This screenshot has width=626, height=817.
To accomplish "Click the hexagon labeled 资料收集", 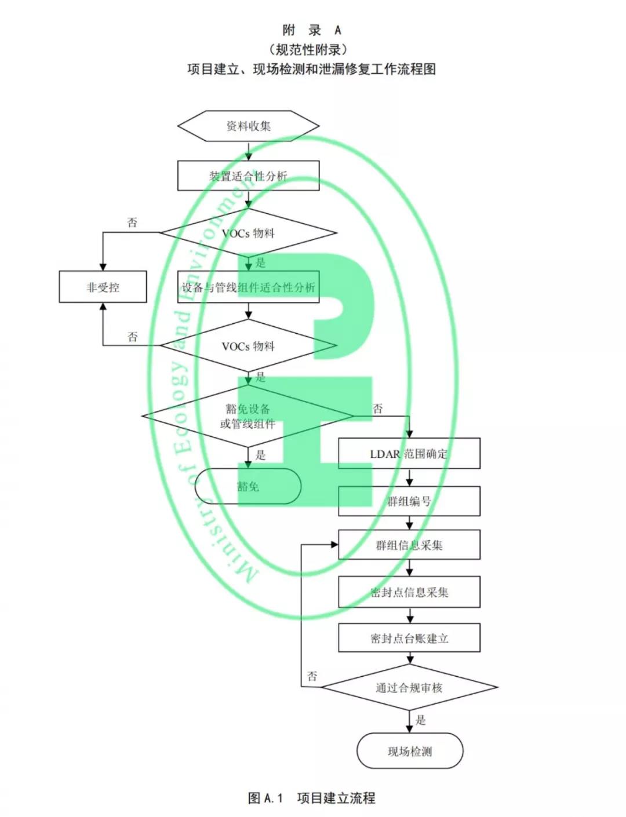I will (248, 126).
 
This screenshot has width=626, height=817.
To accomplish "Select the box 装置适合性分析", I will (248, 176).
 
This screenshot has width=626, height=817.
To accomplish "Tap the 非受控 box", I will (103, 287).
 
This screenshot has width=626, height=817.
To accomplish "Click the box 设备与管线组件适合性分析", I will (248, 287).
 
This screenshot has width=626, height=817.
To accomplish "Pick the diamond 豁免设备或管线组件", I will (248, 416).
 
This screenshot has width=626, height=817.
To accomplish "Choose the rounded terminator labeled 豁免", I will (248, 486).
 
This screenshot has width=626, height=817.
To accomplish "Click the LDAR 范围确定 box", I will (409, 454).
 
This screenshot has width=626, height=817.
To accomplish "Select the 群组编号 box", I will (409, 501).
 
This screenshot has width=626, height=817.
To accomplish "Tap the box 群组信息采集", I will (409, 545).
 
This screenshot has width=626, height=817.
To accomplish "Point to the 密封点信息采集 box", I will (409, 592).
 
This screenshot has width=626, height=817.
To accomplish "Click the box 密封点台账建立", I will (409, 638).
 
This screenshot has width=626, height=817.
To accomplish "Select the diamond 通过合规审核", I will (409, 688).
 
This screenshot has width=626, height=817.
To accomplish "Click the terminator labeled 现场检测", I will (409, 751).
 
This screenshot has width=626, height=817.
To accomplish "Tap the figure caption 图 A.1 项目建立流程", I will (312, 798).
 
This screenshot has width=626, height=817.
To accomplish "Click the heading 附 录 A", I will (312, 30).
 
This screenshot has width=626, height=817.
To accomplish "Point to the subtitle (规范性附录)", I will (312, 49).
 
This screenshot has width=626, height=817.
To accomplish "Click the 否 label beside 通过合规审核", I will (312, 676).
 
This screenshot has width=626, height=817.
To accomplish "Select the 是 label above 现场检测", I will (421, 720).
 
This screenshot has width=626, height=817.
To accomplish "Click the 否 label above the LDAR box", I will (378, 408).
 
